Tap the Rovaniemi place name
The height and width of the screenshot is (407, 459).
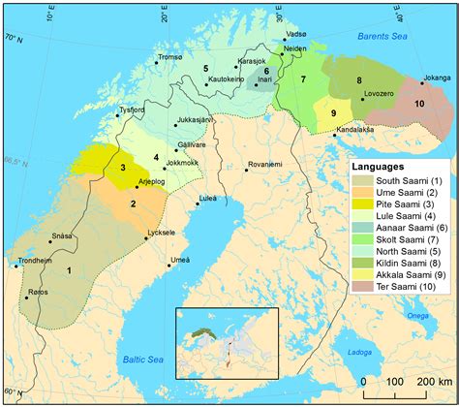pyautogui.click(x=263, y=166)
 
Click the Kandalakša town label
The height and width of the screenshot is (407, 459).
pyautogui.click(x=353, y=128)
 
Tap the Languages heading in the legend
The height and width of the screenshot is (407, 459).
pyautogui.click(x=383, y=168)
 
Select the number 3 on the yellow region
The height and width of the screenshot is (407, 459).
pyautogui.click(x=123, y=168)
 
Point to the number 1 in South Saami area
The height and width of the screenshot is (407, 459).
pyautogui.click(x=69, y=271)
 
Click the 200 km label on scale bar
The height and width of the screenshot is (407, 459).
pyautogui.click(x=426, y=382)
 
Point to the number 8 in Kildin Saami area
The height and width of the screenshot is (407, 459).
pyautogui.click(x=359, y=80)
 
